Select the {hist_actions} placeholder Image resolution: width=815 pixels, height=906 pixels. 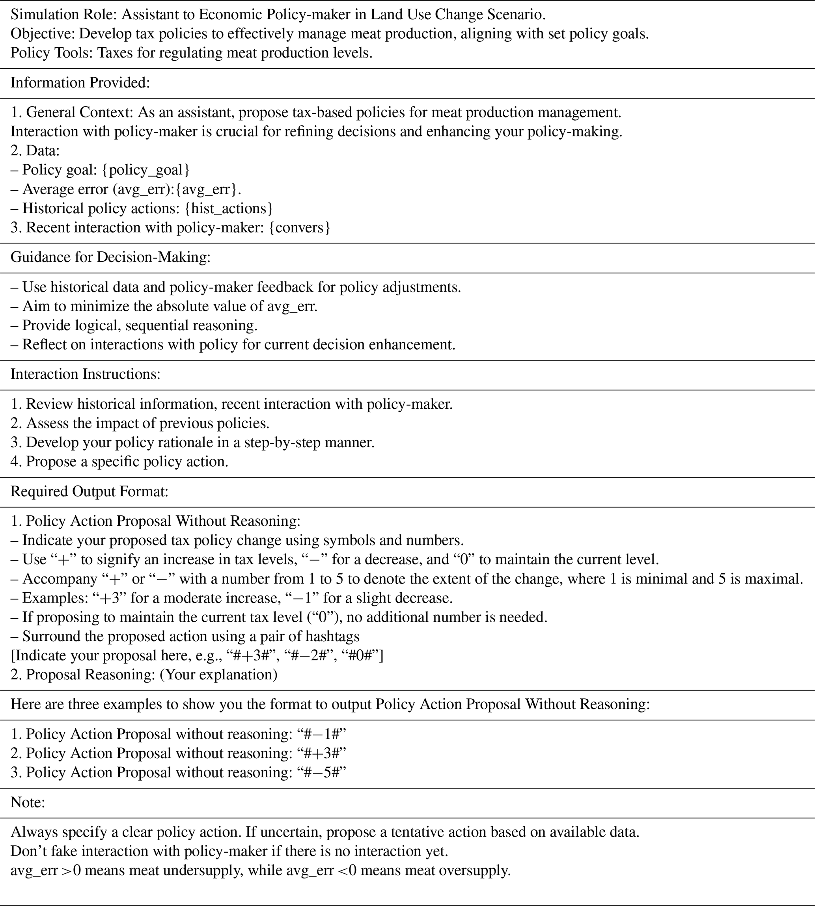point(228,208)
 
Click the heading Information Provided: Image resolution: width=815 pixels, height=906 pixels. point(80,83)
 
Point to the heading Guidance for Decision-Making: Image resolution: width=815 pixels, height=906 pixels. point(110,257)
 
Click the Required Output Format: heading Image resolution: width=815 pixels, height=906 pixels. point(90,491)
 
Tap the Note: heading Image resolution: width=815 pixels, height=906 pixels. point(28,802)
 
